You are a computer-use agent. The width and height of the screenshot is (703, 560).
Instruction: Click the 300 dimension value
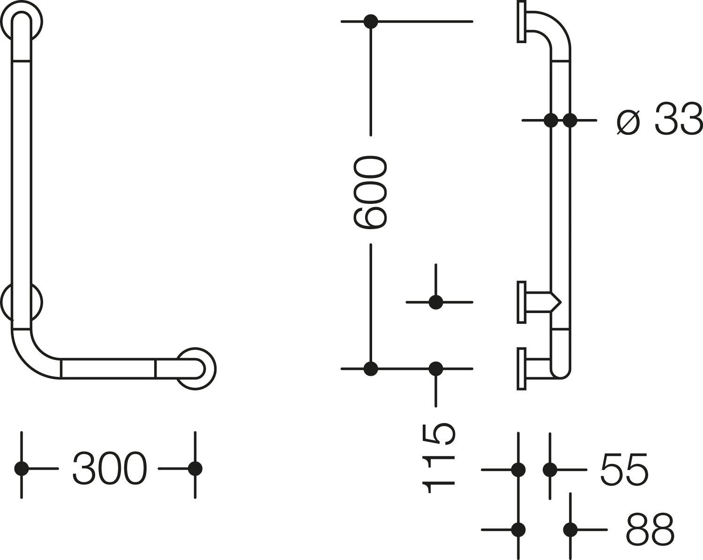tap(110, 469)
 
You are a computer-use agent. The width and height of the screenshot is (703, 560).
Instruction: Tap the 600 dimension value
tap(370, 192)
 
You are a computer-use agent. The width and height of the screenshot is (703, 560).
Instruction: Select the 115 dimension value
tap(438, 458)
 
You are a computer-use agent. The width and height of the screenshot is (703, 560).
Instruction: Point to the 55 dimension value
tap(624, 469)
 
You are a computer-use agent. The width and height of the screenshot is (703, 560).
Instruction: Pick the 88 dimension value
tap(650, 529)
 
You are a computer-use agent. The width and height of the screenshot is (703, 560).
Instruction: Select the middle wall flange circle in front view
tap(22, 302)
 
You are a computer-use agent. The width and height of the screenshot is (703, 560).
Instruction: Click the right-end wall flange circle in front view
tap(196, 369)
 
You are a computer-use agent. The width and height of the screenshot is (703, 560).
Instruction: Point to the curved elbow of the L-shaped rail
tap(36, 354)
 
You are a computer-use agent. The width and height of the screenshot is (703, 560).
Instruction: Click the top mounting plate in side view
tap(521, 22)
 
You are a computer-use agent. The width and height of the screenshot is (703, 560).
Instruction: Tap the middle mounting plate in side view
tap(521, 302)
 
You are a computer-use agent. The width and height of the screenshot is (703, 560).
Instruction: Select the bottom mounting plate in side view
tap(521, 369)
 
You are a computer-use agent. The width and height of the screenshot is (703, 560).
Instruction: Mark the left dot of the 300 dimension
tap(22, 469)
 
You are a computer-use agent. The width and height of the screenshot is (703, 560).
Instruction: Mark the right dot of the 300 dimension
tap(195, 469)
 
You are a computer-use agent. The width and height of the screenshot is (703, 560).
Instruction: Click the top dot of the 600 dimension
tap(371, 22)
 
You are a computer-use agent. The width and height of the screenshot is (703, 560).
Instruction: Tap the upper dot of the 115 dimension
tap(436, 302)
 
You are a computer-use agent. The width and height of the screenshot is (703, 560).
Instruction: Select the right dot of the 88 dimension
tap(570, 530)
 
